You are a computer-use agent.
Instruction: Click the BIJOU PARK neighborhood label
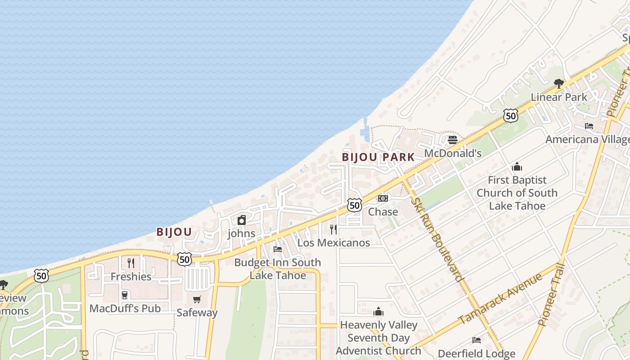point(378,157)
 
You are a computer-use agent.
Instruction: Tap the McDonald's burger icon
point(453,140)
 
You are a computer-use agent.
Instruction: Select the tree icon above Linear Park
point(559,83)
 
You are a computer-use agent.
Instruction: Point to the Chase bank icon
point(383,198)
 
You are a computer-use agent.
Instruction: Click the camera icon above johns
point(242,220)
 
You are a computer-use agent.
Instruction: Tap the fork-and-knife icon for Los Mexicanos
point(333,229)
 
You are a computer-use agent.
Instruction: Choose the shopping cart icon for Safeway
point(197,299)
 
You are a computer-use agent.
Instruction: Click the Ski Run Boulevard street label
point(436,238)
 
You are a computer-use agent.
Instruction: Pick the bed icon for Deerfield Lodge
point(477,340)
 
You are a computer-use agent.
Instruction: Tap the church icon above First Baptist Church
point(517,166)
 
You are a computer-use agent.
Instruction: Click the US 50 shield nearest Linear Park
point(511,116)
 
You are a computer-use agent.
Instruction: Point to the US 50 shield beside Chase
point(355,205)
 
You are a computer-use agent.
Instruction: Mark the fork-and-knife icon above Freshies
point(131,263)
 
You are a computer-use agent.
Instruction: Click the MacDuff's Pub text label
point(125,308)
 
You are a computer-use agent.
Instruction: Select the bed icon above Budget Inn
point(278,249)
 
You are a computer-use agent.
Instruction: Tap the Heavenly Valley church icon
point(378,311)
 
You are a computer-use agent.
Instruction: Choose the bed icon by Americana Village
point(589,126)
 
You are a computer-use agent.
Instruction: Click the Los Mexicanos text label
point(334,243)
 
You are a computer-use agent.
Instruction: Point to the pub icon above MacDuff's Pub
point(125,295)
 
